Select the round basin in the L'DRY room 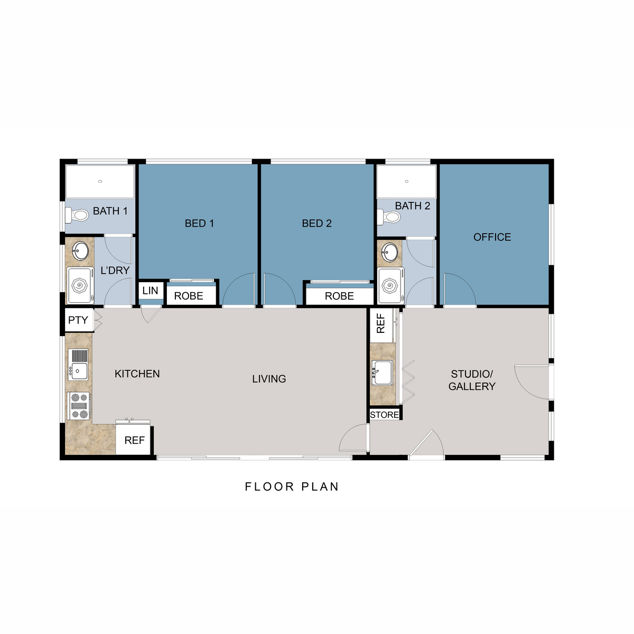tap(80, 251)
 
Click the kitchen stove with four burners tap(79, 406)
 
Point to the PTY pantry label tap(78, 320)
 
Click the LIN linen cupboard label tap(150, 291)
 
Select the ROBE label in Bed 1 tap(189, 296)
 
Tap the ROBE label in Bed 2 tap(339, 296)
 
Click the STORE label tap(385, 415)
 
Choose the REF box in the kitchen tap(134, 440)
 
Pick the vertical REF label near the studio tap(381, 323)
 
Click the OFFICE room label tap(492, 237)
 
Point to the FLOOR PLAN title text tap(292, 487)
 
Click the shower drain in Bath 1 tap(100, 181)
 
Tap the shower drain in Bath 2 tap(406, 181)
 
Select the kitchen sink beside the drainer tap(79, 371)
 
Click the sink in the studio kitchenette tap(381, 372)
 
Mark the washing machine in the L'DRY tap(80, 286)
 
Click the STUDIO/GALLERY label tap(472, 380)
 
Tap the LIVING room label tap(269, 379)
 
